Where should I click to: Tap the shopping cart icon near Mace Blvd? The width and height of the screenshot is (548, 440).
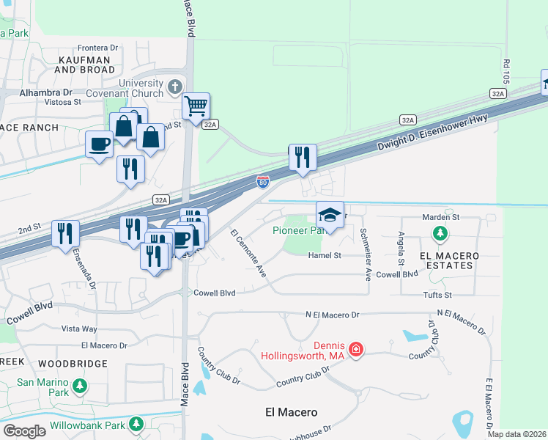[x=196, y=106]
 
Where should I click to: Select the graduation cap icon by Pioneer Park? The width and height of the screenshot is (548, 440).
[x=330, y=215]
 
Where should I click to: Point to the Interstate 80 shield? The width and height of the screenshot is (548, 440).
[x=262, y=181]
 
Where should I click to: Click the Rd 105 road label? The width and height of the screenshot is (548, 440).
[x=506, y=68]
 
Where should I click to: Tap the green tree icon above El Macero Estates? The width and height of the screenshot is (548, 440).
[x=440, y=234]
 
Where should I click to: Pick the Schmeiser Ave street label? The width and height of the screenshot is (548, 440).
[x=364, y=254]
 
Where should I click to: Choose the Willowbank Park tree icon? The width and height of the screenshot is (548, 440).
[x=136, y=424]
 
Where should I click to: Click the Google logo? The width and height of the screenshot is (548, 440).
[x=24, y=430]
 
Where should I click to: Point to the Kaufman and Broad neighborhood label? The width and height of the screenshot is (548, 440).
[x=84, y=64]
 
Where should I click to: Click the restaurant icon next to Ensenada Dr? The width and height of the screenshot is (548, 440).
[x=66, y=234]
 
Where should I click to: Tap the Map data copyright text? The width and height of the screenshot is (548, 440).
[x=517, y=434]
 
